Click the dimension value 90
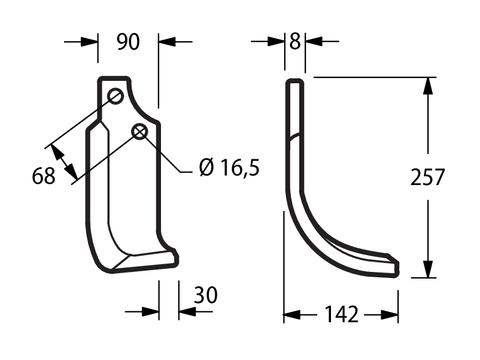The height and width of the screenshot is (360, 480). point(128,42)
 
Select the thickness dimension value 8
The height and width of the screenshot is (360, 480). point(295,41)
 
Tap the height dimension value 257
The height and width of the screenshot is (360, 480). point(427,177)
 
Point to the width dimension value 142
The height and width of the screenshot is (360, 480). point(341,314)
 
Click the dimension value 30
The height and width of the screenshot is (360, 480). point(206,295)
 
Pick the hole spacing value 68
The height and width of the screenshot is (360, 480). point(44,176)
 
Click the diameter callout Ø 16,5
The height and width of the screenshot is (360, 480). point(229,168)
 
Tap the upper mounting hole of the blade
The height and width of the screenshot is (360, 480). point(116,96)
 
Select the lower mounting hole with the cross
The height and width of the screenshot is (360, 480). point(139,132)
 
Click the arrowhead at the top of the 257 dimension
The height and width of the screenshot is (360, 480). point(428,86)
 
